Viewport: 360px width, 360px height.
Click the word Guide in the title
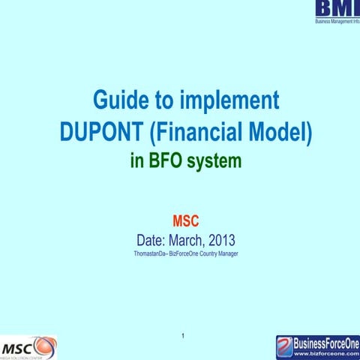118,100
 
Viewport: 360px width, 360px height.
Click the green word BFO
166,160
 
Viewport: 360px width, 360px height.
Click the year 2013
222,241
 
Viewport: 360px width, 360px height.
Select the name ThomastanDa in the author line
149,256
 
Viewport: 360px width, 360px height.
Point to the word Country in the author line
202,256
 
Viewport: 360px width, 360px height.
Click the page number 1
183,334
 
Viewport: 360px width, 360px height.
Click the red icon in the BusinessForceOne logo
284,346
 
